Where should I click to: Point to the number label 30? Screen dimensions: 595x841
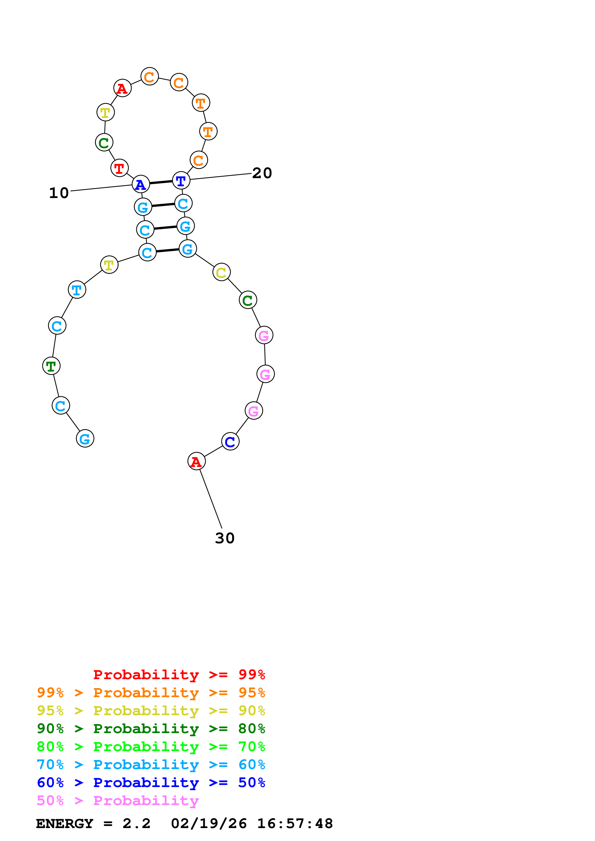(224, 538)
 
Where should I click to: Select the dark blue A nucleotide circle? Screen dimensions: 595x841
(141, 184)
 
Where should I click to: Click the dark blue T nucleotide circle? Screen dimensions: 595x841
(181, 181)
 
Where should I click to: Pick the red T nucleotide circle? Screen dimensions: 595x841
(120, 168)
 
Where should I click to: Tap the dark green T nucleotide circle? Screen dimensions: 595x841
(51, 366)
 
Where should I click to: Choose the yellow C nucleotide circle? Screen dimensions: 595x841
(222, 272)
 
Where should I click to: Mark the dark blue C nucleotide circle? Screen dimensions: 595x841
(230, 441)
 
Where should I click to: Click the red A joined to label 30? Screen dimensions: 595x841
(197, 461)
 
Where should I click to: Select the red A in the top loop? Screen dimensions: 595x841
(122, 88)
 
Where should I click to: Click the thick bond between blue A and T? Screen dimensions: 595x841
(161, 182)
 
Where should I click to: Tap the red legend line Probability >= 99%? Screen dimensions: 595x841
(179, 674)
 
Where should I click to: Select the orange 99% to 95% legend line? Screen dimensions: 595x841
(151, 692)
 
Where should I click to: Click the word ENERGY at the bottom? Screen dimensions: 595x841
(65, 823)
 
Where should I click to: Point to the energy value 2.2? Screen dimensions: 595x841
(136, 823)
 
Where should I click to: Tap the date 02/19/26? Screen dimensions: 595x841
(209, 823)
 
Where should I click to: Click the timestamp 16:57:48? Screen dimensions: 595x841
(295, 823)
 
